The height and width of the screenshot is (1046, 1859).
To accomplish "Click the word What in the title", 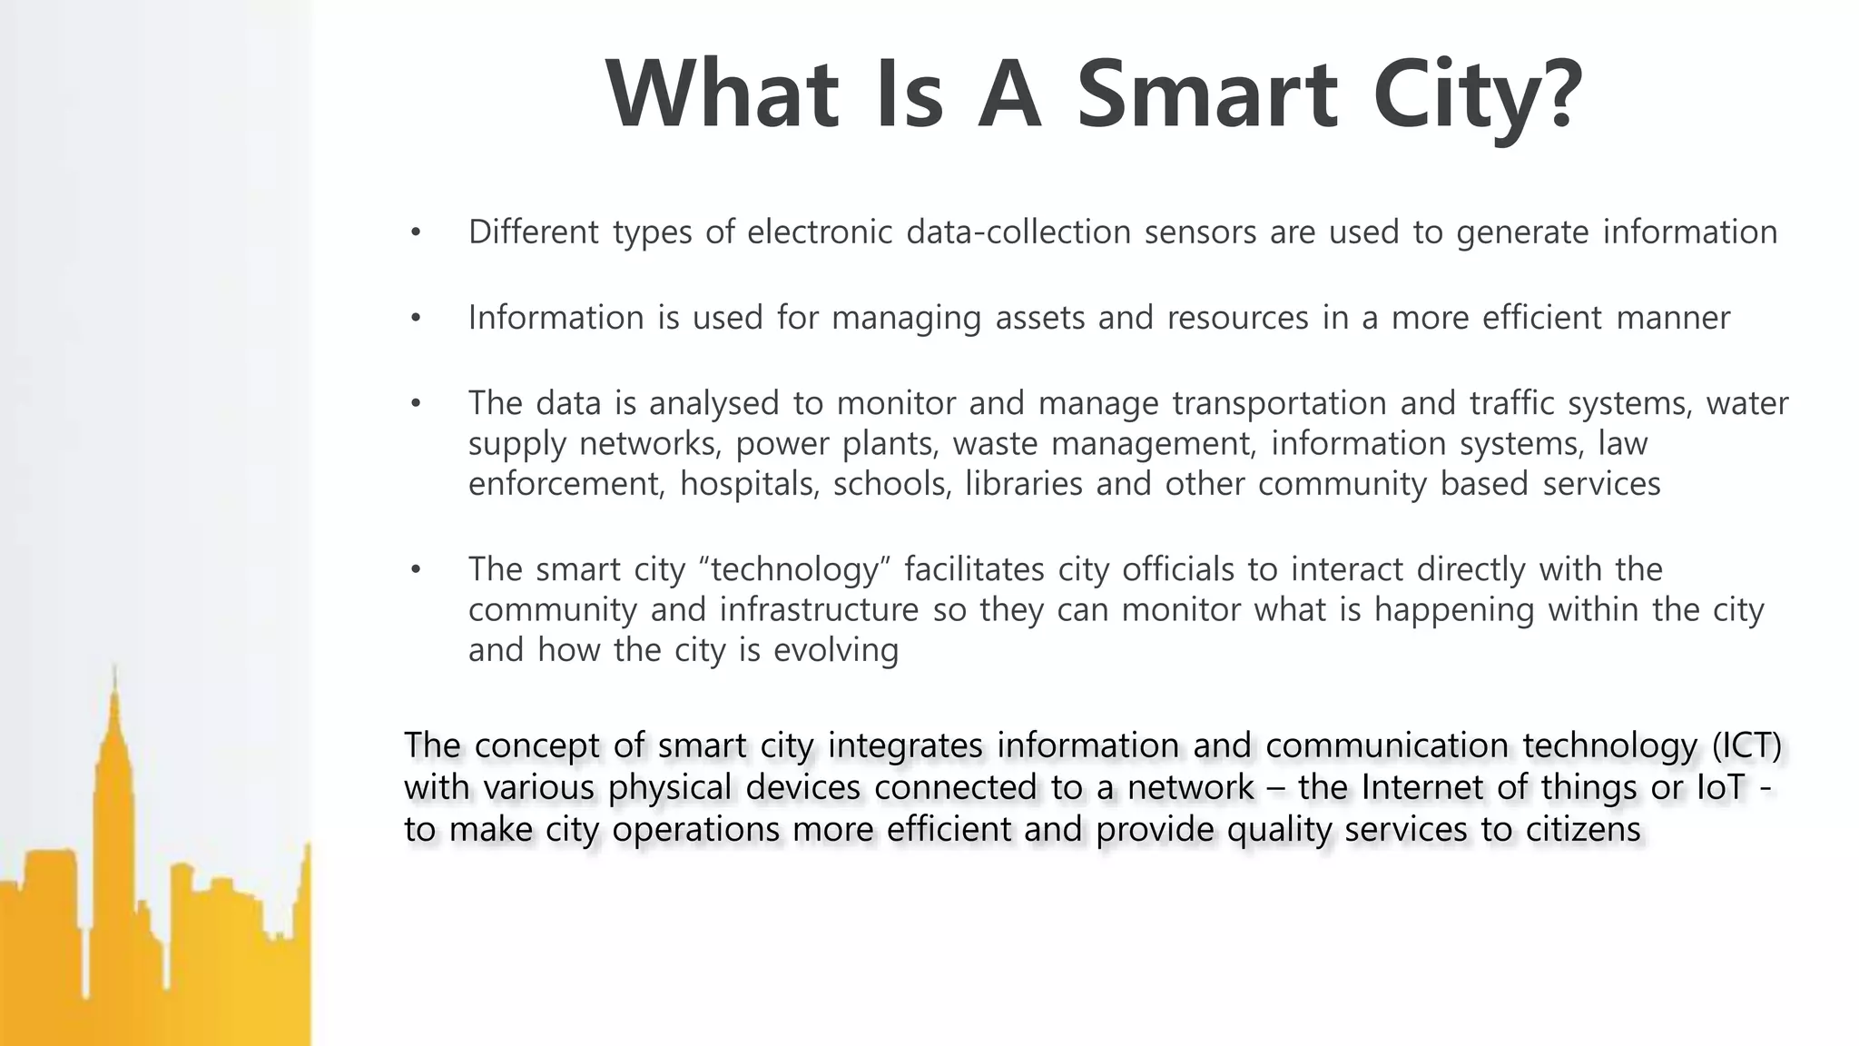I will [722, 95].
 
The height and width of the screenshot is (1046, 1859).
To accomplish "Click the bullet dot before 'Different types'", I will [416, 233].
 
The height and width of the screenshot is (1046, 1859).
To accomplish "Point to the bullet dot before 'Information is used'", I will [416, 319].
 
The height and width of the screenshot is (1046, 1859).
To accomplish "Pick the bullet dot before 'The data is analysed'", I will [416, 404].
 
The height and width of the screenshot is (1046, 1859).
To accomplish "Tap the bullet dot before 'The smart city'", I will [416, 570].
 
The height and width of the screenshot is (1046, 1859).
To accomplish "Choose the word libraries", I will [1024, 484].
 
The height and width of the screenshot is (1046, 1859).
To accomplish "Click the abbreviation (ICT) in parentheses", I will [1746, 745].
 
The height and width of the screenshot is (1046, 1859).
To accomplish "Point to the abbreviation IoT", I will [1720, 787].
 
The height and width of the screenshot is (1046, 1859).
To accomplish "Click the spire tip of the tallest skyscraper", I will [114, 667].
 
